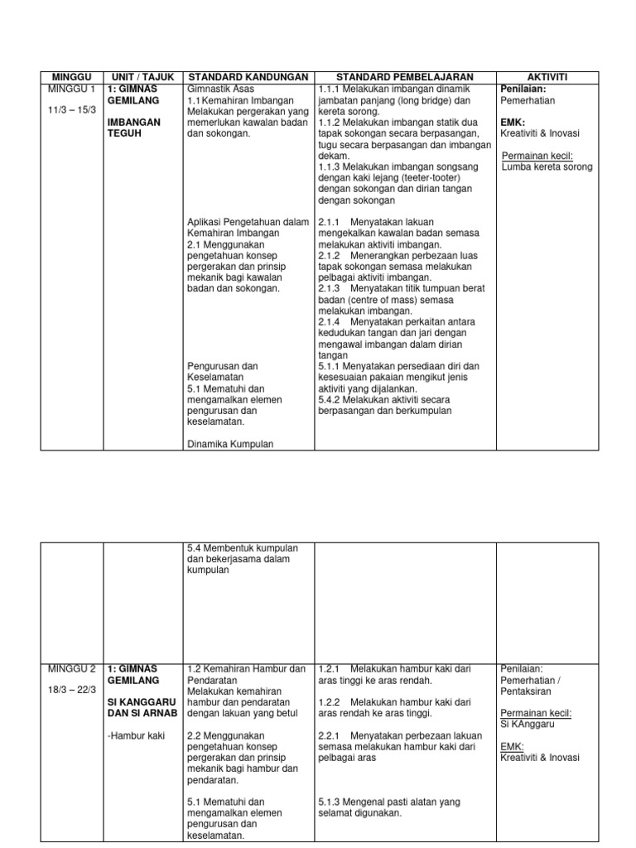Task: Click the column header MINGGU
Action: [x=72, y=77]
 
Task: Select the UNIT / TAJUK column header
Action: [x=143, y=77]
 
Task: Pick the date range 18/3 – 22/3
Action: [x=70, y=691]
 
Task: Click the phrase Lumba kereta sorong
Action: [x=547, y=166]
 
